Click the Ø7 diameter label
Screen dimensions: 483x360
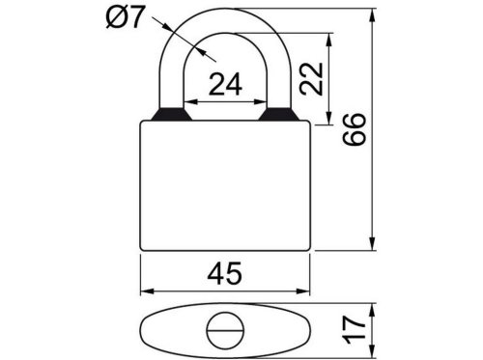click(x=124, y=17)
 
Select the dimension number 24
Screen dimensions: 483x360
click(x=225, y=84)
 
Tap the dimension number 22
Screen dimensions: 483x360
click(x=311, y=79)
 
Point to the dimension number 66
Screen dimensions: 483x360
click(x=355, y=129)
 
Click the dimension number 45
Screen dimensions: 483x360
click(x=224, y=273)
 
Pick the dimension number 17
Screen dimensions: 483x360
click(x=355, y=330)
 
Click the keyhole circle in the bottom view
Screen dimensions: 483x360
click(x=225, y=330)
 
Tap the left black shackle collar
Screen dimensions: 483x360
click(x=171, y=114)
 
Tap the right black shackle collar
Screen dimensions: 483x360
click(x=279, y=114)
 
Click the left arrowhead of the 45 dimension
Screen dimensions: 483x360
click(x=147, y=291)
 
